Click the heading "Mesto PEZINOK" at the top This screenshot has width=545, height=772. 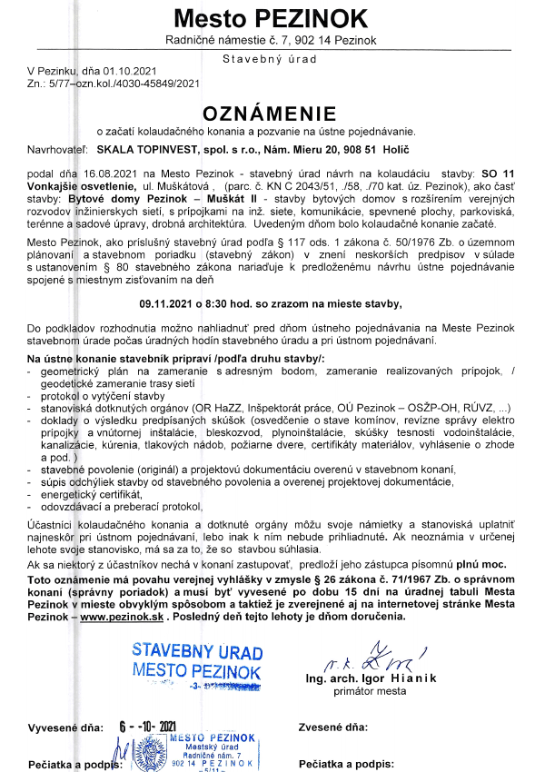tap(272, 18)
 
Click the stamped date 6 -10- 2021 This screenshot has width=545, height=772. tap(148, 727)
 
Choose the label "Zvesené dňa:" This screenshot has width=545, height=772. tap(332, 728)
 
